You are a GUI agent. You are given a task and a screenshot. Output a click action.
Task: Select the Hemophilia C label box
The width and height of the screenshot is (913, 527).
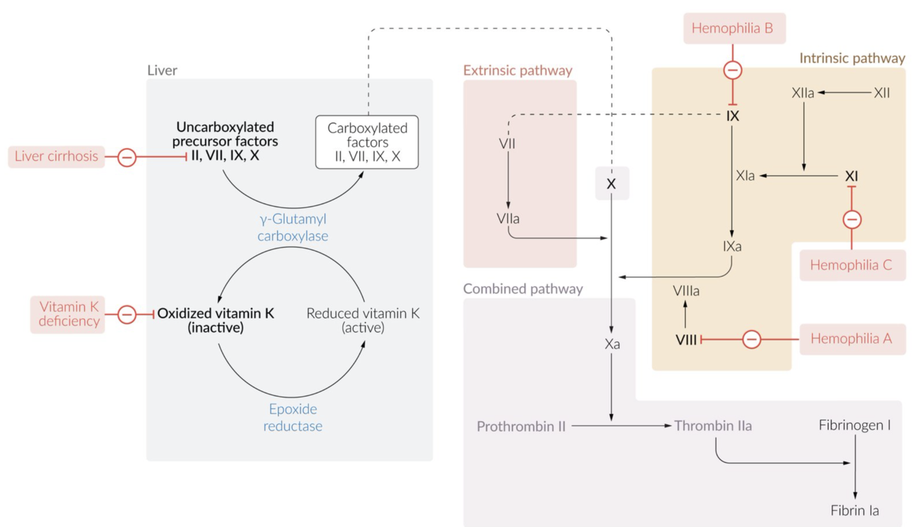(851, 266)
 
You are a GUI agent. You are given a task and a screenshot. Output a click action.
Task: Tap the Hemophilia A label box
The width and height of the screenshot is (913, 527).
(851, 339)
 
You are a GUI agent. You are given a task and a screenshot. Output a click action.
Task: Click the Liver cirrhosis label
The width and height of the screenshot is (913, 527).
(57, 157)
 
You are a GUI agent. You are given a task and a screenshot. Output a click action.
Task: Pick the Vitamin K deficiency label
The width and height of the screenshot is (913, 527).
(68, 314)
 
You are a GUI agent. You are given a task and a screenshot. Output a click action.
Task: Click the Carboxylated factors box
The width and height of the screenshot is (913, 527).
(367, 142)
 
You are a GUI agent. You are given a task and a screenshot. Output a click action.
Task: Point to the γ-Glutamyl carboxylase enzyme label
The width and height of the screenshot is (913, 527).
(293, 228)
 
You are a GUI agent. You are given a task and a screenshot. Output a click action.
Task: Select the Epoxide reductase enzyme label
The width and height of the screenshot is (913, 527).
(293, 417)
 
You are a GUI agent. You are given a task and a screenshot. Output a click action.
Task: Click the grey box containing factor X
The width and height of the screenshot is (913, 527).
(611, 184)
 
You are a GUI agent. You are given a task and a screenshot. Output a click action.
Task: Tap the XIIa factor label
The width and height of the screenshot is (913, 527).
(803, 93)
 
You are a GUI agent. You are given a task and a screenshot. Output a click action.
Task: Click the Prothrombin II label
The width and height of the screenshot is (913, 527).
(522, 426)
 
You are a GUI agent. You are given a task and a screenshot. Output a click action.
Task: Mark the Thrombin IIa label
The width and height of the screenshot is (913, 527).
(712, 426)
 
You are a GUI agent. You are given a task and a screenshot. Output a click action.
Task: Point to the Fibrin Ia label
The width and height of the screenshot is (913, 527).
(855, 511)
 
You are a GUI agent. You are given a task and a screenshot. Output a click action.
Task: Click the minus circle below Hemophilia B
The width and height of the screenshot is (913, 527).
(733, 70)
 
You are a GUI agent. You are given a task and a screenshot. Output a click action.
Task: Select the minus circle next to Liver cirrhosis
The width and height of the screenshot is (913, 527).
(127, 157)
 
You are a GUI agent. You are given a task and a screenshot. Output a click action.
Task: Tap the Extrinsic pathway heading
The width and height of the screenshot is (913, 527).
(517, 70)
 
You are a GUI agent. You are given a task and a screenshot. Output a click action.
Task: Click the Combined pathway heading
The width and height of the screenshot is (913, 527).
(523, 289)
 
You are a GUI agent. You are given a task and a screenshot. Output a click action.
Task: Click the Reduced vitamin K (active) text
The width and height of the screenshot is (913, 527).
(363, 320)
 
